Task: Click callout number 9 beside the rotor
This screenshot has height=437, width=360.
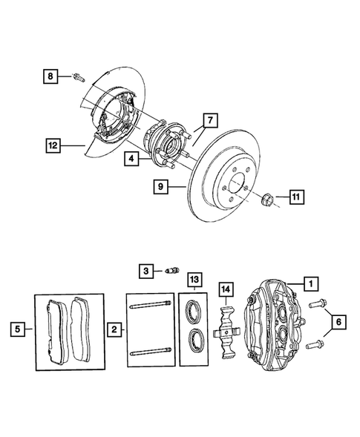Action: (x=159, y=188)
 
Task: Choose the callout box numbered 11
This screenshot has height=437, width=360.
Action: (x=295, y=197)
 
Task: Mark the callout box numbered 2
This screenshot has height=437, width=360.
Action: (x=114, y=327)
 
